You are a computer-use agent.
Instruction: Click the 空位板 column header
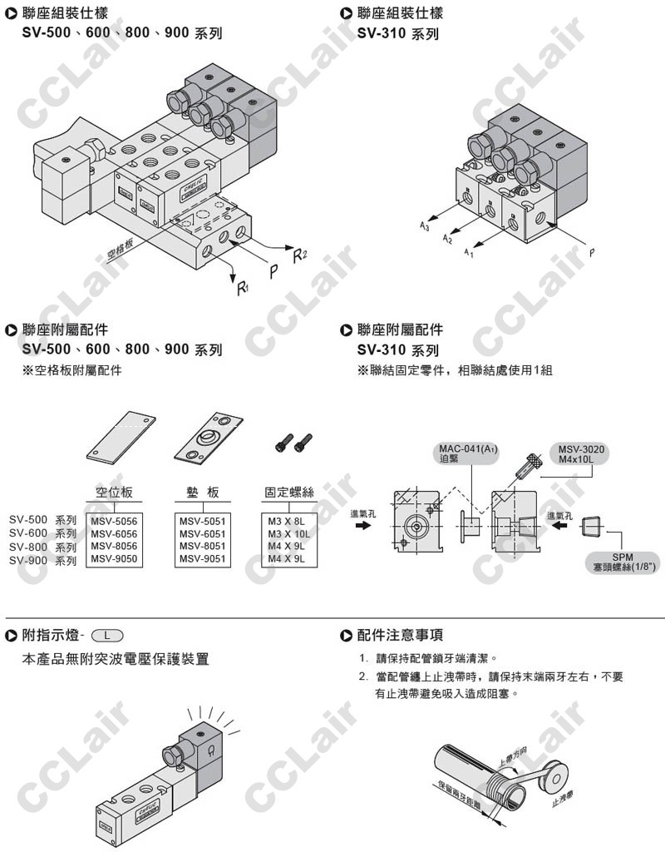coord(114,493)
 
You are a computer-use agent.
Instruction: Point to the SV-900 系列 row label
coord(42,560)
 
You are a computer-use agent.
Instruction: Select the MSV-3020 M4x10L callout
coord(582,454)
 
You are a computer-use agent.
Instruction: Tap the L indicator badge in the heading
coord(108,636)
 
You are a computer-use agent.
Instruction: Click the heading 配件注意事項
coord(399,636)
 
